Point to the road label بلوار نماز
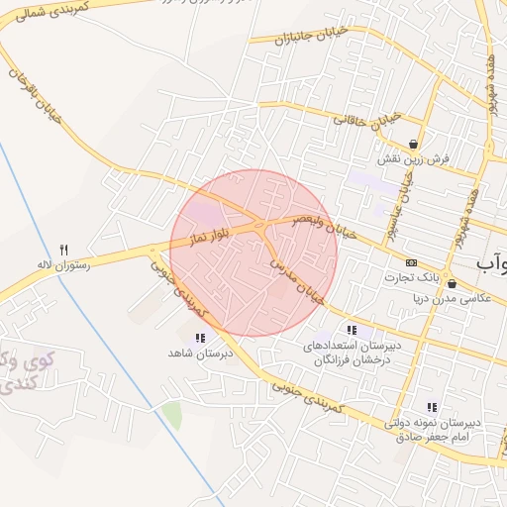(212, 237)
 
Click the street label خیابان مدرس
(298, 276)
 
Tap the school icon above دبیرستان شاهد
(187, 339)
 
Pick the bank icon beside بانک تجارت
(412, 262)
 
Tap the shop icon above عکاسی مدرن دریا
(452, 284)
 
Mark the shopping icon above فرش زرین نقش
(412, 145)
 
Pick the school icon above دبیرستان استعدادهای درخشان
(352, 329)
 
